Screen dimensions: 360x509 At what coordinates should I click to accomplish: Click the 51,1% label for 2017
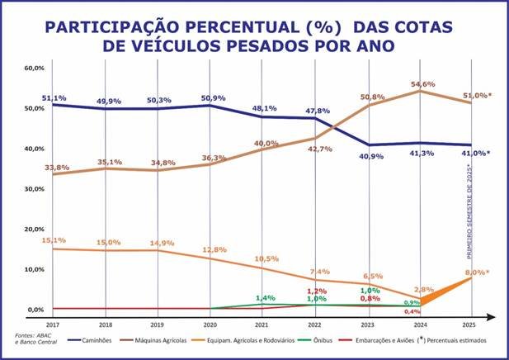[x=54, y=97]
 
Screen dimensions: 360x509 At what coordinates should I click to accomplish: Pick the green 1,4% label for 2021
[x=266, y=297]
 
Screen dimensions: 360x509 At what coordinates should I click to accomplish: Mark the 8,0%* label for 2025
[x=477, y=272]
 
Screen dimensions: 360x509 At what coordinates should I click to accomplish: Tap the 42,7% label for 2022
[x=318, y=149]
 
